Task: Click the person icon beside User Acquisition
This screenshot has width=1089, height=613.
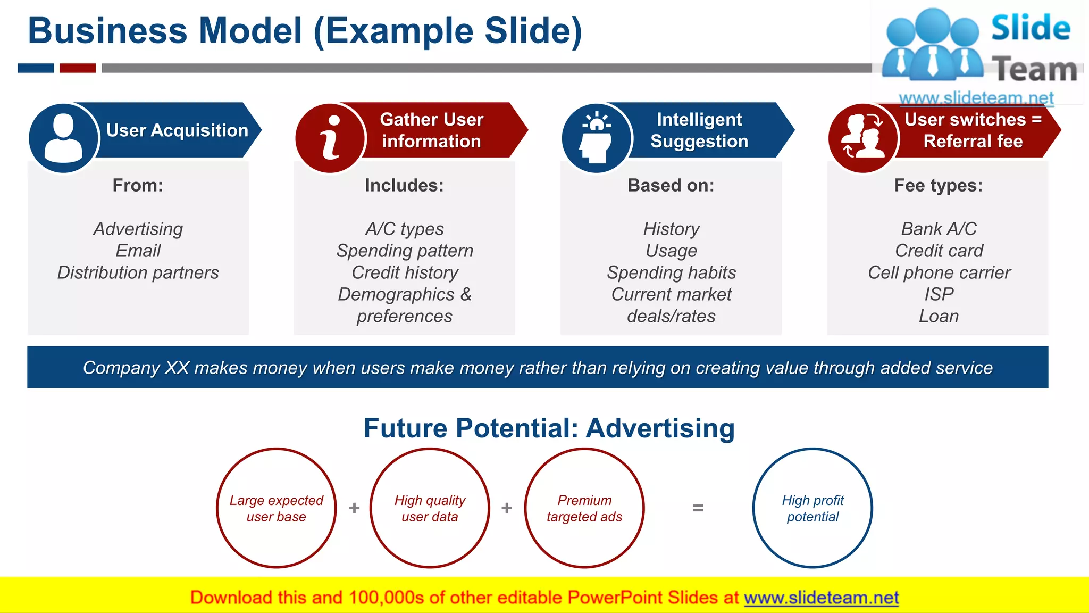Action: (x=63, y=138)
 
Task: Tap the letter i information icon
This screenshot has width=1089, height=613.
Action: (x=330, y=138)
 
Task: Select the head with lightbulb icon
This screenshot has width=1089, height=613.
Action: (x=597, y=138)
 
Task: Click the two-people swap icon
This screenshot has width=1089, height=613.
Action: (x=863, y=138)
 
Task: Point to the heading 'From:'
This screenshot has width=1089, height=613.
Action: (x=138, y=185)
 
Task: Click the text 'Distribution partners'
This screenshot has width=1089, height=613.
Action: (x=138, y=272)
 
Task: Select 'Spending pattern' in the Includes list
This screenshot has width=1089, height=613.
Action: (x=405, y=251)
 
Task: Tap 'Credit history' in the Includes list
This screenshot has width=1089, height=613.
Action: (x=405, y=272)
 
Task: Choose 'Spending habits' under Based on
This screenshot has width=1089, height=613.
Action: (x=671, y=272)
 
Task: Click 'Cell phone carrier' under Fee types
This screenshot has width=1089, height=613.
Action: (x=939, y=272)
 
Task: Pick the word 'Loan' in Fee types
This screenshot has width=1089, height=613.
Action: (x=939, y=316)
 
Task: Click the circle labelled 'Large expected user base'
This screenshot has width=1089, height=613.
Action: (x=276, y=508)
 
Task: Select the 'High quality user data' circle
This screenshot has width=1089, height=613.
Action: (x=430, y=508)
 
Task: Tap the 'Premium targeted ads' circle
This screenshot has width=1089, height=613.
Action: (x=584, y=508)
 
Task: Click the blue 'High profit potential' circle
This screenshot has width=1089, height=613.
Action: (x=812, y=508)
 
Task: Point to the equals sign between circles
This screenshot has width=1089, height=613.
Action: (x=698, y=508)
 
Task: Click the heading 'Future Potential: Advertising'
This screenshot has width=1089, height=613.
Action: (x=549, y=428)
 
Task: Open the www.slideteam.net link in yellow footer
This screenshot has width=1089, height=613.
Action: (x=821, y=598)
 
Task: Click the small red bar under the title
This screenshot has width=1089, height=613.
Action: (x=78, y=68)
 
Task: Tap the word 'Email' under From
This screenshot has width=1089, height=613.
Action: (x=138, y=251)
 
